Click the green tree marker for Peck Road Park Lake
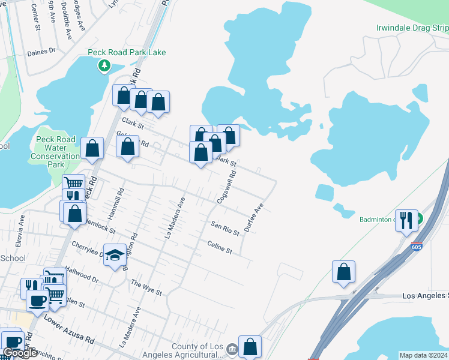(105, 65)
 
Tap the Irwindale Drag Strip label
(412, 28)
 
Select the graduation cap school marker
(115, 255)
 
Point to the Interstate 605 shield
(417, 247)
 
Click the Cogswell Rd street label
(226, 186)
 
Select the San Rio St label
(225, 227)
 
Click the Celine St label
(219, 247)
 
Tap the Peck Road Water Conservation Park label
(56, 152)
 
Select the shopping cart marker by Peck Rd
(73, 182)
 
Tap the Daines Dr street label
(41, 52)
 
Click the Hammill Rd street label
(119, 202)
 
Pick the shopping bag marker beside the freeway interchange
(343, 271)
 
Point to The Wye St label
(146, 288)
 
